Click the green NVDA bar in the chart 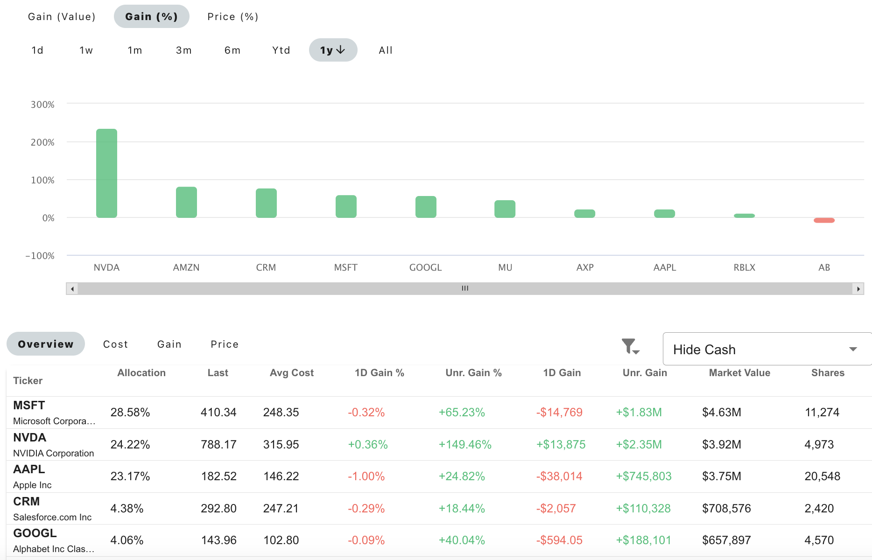(x=106, y=173)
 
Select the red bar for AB (x=824, y=220)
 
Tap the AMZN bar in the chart (x=186, y=202)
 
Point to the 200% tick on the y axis (x=42, y=142)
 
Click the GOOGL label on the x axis (x=425, y=267)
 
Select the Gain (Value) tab (x=62, y=17)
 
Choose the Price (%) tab (x=232, y=17)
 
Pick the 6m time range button (x=232, y=50)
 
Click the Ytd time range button (x=281, y=50)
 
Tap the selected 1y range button (x=333, y=50)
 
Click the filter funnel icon (x=630, y=346)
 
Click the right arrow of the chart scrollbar (x=858, y=289)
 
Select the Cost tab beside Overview (x=115, y=344)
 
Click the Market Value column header (x=739, y=373)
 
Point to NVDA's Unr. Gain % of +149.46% (x=465, y=445)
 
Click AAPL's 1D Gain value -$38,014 (x=559, y=476)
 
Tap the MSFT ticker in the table (x=29, y=406)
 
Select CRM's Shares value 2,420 (x=819, y=509)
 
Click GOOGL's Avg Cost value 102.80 (x=281, y=540)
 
